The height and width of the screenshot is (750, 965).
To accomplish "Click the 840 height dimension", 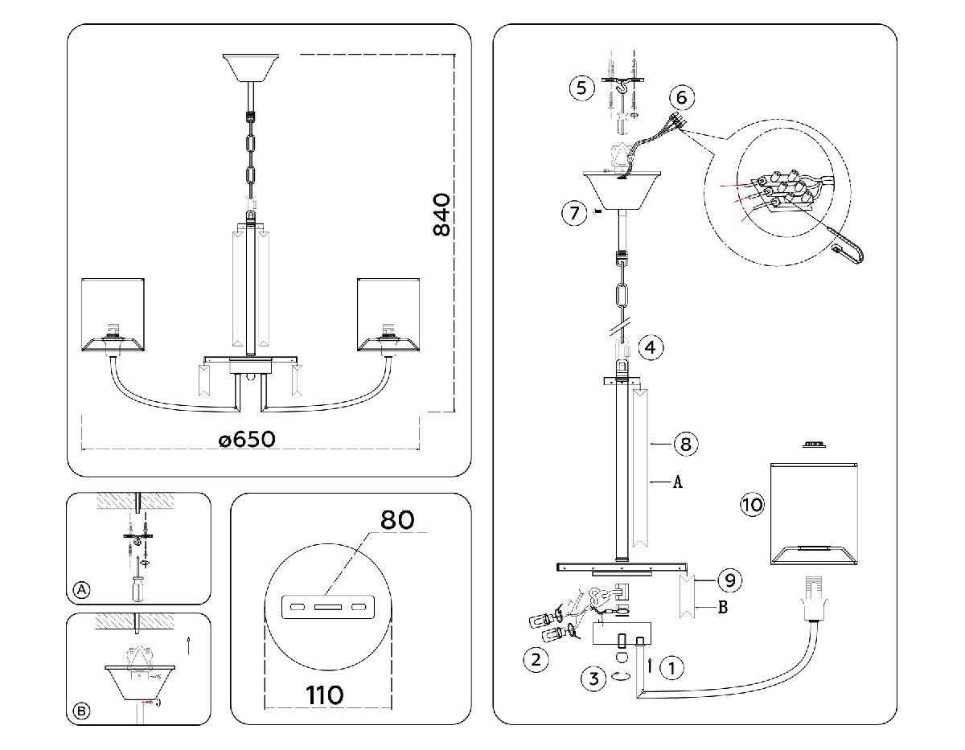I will [441, 215].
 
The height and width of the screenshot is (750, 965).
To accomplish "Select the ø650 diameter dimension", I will [247, 440].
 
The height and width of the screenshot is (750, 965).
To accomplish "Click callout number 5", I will [581, 88].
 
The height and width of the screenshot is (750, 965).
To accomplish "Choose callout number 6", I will [681, 97].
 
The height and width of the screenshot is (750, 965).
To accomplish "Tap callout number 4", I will [651, 348].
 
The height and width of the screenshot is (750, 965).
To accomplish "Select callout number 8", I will [686, 444].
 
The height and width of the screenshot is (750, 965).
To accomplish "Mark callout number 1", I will [671, 666].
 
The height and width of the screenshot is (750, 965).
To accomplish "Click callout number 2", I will [536, 660].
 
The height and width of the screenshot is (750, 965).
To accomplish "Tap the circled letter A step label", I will [80, 590].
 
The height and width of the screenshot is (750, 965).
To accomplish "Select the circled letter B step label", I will [80, 711].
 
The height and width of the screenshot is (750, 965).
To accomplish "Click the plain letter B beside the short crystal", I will [722, 608].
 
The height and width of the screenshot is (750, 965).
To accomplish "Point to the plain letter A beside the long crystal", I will [677, 482].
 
